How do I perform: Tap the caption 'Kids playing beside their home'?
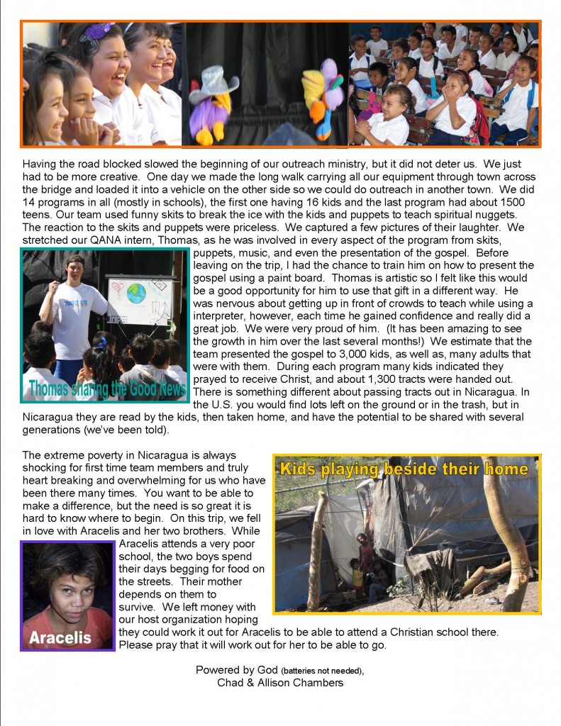click(404, 469)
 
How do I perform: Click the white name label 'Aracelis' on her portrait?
click(60, 637)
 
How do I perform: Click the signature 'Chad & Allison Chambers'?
click(281, 683)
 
